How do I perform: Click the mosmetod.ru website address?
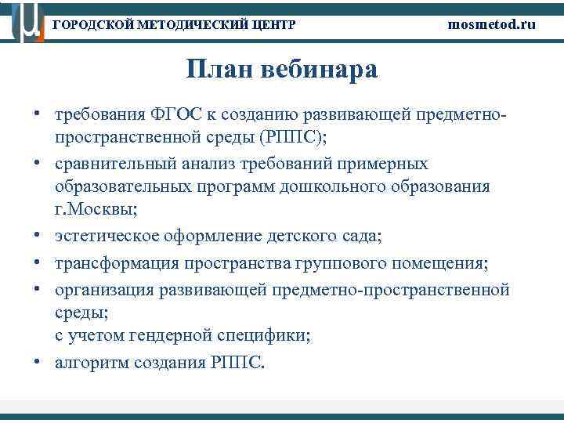(492, 24)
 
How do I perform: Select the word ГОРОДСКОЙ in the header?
(90, 25)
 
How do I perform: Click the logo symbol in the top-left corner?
(23, 22)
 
